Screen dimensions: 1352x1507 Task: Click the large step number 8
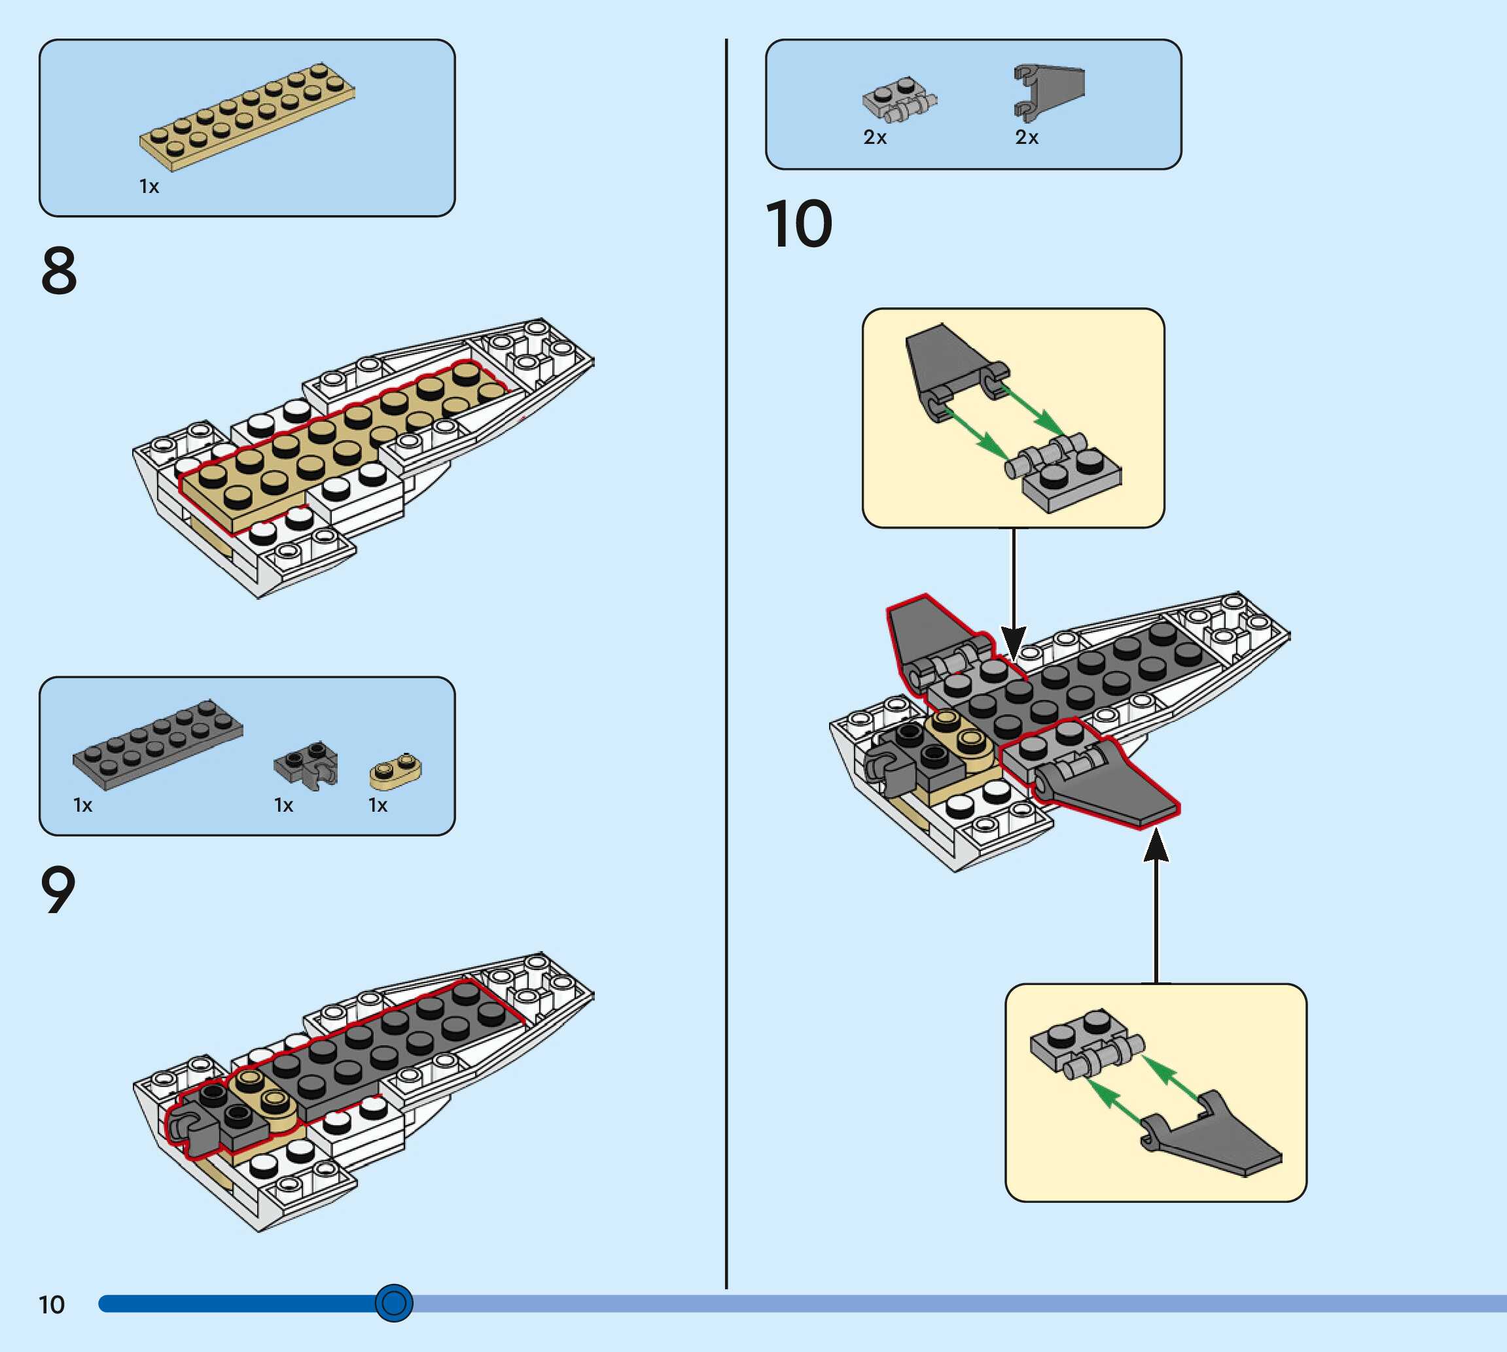pyautogui.click(x=59, y=271)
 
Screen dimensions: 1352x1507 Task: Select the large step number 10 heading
pyautogui.click(x=798, y=224)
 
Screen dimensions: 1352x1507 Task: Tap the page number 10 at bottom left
pyautogui.click(x=51, y=1305)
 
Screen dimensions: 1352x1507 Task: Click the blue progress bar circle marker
pyautogui.click(x=394, y=1303)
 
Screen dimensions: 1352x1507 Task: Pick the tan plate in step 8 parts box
pyautogui.click(x=247, y=116)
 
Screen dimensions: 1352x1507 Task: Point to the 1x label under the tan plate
pyautogui.click(x=149, y=186)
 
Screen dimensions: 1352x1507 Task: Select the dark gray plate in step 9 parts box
pyautogui.click(x=158, y=743)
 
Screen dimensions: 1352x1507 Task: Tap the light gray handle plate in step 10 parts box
pyautogui.click(x=899, y=99)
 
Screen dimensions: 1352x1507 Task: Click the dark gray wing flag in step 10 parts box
pyautogui.click(x=1048, y=92)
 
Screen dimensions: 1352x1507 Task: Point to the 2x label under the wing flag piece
pyautogui.click(x=1026, y=137)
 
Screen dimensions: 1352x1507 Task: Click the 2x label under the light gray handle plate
pyautogui.click(x=875, y=137)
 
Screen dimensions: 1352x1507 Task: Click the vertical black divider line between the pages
pyautogui.click(x=726, y=668)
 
